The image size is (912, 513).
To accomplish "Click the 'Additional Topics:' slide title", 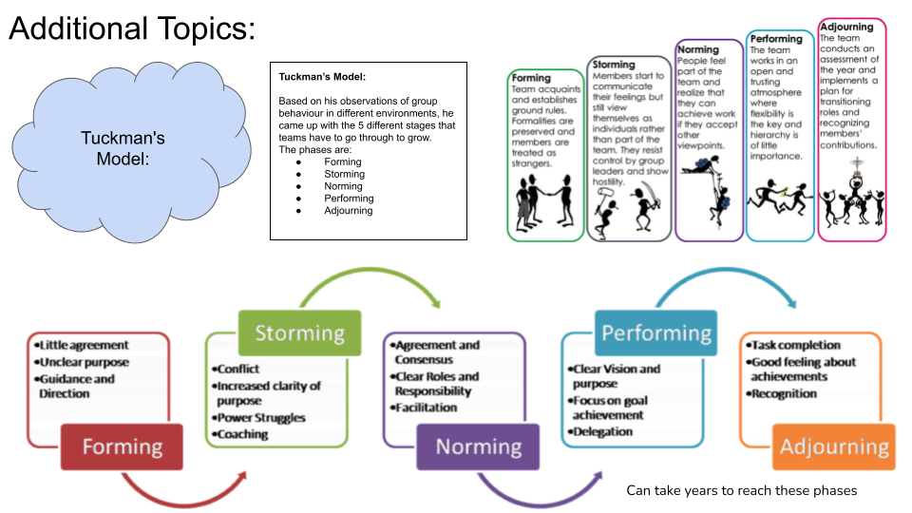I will click(x=132, y=29).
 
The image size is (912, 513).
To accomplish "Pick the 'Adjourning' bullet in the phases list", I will click(x=348, y=210).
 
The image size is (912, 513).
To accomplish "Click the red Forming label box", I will click(x=123, y=446).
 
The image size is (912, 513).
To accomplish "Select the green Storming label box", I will click(x=298, y=333).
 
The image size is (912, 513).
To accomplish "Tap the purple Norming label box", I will click(x=479, y=446).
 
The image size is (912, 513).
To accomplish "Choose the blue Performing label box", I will click(x=655, y=333).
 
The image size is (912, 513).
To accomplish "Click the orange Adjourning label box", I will click(x=835, y=446).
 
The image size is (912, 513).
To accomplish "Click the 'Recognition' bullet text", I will click(x=784, y=393).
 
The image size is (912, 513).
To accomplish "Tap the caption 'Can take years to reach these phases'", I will click(x=741, y=490).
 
